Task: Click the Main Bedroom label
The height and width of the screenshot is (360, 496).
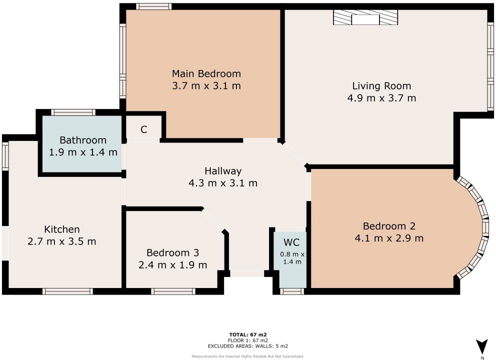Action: click(x=206, y=73)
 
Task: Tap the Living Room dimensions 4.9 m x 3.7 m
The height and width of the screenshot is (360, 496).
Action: click(x=381, y=98)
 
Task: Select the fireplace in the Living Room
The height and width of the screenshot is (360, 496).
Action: click(x=365, y=19)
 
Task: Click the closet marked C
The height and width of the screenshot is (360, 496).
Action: click(x=143, y=129)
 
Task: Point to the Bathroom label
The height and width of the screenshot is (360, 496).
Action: click(x=83, y=140)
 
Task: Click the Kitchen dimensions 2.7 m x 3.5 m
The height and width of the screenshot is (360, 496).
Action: click(x=62, y=241)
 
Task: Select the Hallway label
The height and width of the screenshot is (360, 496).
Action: click(x=222, y=171)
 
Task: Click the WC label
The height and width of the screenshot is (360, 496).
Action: click(x=291, y=242)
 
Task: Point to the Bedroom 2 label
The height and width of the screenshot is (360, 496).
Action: click(x=389, y=226)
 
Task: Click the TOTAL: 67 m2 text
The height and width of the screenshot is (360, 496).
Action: click(x=248, y=334)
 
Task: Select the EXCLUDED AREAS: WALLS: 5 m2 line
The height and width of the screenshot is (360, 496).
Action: click(x=248, y=345)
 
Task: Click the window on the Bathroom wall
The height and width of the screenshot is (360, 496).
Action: click(x=73, y=112)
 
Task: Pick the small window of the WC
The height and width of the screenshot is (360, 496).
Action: click(x=289, y=291)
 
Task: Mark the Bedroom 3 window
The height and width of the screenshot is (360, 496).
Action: click(x=173, y=291)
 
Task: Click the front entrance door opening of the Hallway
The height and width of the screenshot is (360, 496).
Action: click(x=246, y=273)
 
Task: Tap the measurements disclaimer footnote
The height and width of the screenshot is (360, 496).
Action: click(x=248, y=356)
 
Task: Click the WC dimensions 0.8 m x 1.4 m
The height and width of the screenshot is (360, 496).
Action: click(x=291, y=257)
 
